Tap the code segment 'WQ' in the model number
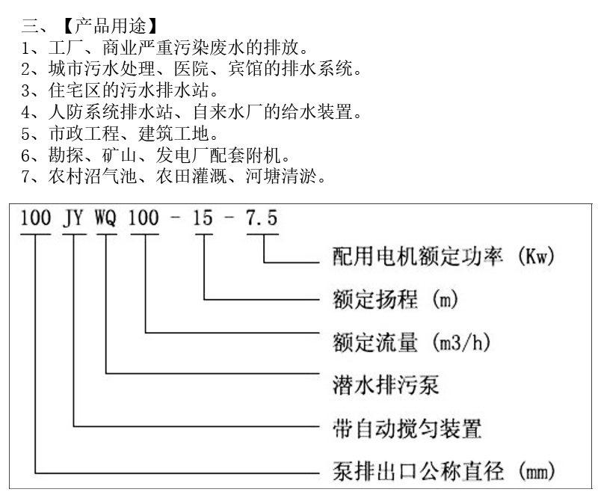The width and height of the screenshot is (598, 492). point(106,218)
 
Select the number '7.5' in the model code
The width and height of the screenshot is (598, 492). point(262,218)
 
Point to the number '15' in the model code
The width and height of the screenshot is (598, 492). point(203,218)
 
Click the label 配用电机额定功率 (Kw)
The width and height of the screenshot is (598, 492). point(446,258)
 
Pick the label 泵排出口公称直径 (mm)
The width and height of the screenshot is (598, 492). point(444,472)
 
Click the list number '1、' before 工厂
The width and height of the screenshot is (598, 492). point(30,49)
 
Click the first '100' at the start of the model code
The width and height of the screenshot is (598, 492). point(35,218)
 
